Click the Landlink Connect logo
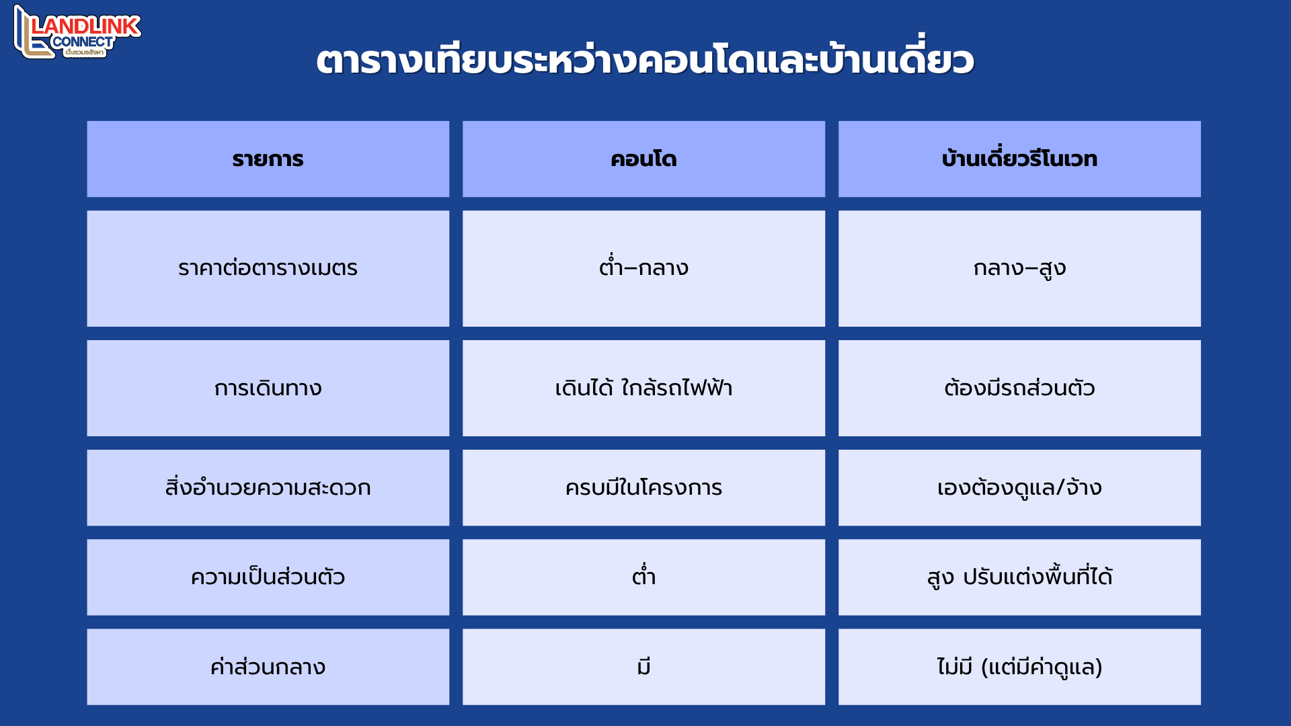coord(77,32)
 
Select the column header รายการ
coord(268,159)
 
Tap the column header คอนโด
coord(643,159)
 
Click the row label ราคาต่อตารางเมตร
coord(268,268)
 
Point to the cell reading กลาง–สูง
coord(1019,269)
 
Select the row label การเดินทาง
coord(268,389)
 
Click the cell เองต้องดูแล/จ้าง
coord(1019,487)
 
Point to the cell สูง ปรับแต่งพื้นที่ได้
coord(1019,576)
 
